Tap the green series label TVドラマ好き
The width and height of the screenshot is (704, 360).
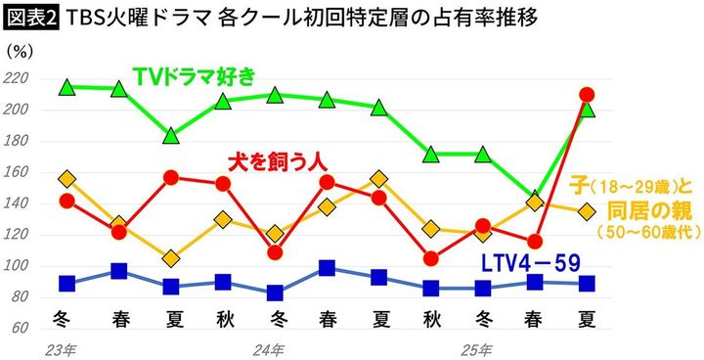[x=194, y=74]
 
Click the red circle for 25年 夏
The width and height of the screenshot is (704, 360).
[x=587, y=95]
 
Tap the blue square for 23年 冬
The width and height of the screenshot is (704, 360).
[x=67, y=284]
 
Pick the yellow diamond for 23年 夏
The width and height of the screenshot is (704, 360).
[x=171, y=258]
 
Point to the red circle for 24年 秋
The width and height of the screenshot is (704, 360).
[x=431, y=258]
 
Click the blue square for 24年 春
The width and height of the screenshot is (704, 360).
[x=327, y=268]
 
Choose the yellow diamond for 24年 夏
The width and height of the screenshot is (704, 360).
[x=378, y=179]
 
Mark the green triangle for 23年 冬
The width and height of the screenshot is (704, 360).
[x=67, y=87]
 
